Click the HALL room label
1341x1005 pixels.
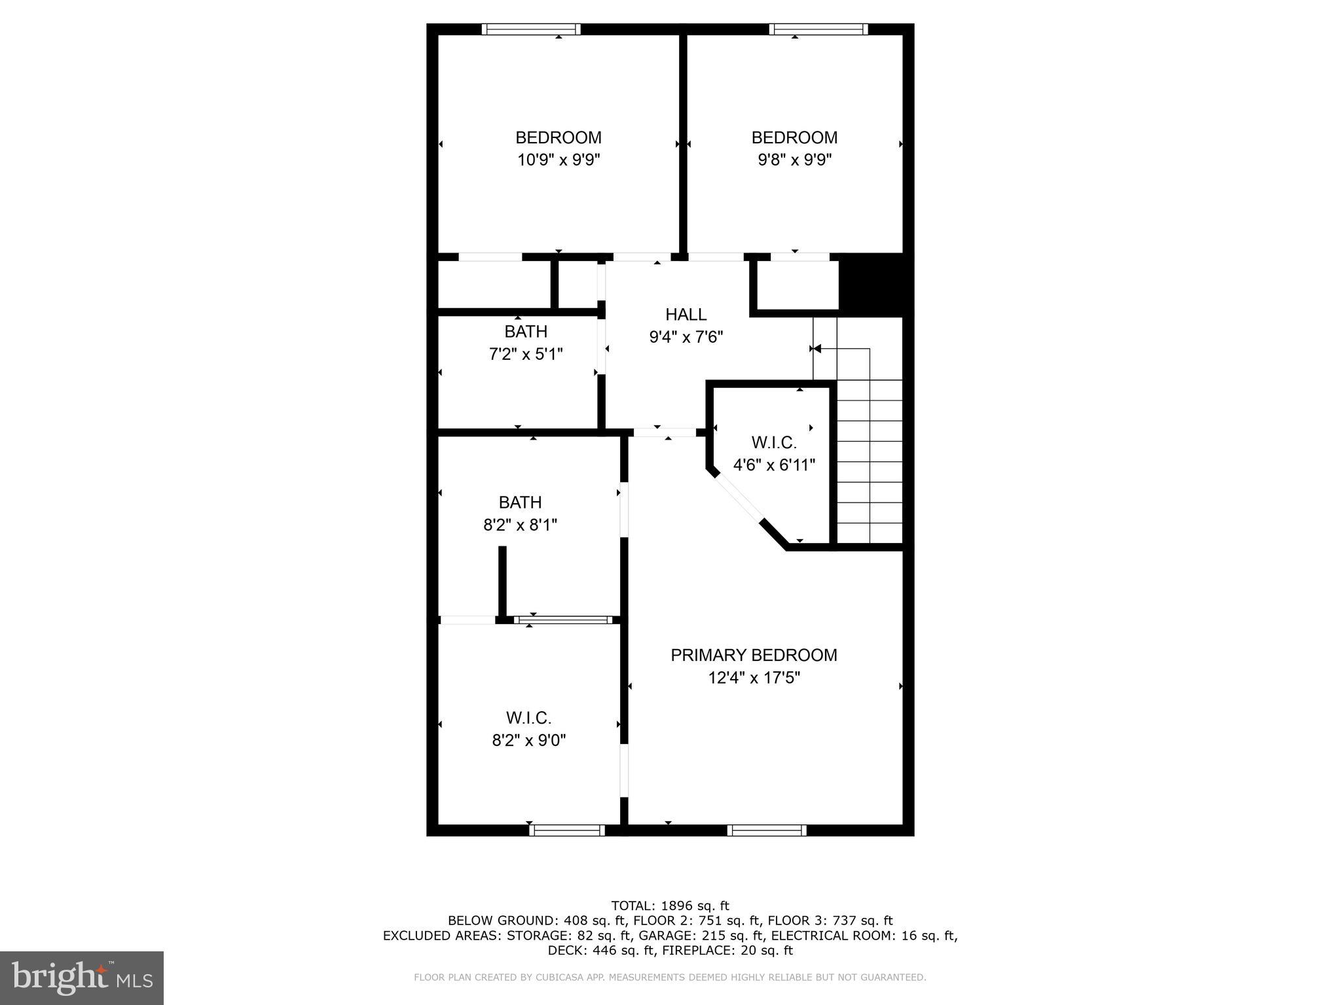(x=686, y=315)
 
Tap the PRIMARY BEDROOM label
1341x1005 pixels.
(x=754, y=655)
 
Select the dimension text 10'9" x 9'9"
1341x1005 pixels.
(x=559, y=160)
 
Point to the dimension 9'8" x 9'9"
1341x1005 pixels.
(x=794, y=160)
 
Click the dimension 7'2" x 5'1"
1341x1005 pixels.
(x=526, y=354)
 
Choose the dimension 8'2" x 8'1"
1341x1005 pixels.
(x=520, y=525)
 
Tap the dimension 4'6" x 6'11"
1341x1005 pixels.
(x=773, y=465)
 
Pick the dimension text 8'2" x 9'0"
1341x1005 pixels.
(x=528, y=740)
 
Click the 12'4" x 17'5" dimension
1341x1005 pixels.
(x=754, y=677)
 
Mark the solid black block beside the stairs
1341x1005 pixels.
(x=871, y=285)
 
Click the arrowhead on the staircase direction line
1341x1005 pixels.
(x=816, y=349)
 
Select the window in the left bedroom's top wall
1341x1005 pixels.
(x=531, y=29)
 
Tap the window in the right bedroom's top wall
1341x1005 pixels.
(x=818, y=29)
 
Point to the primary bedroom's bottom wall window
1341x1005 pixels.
(x=766, y=830)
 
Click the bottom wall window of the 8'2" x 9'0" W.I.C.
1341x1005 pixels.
(x=567, y=830)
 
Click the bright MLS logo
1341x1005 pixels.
(x=82, y=978)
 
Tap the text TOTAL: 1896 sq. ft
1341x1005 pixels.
(x=670, y=906)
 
